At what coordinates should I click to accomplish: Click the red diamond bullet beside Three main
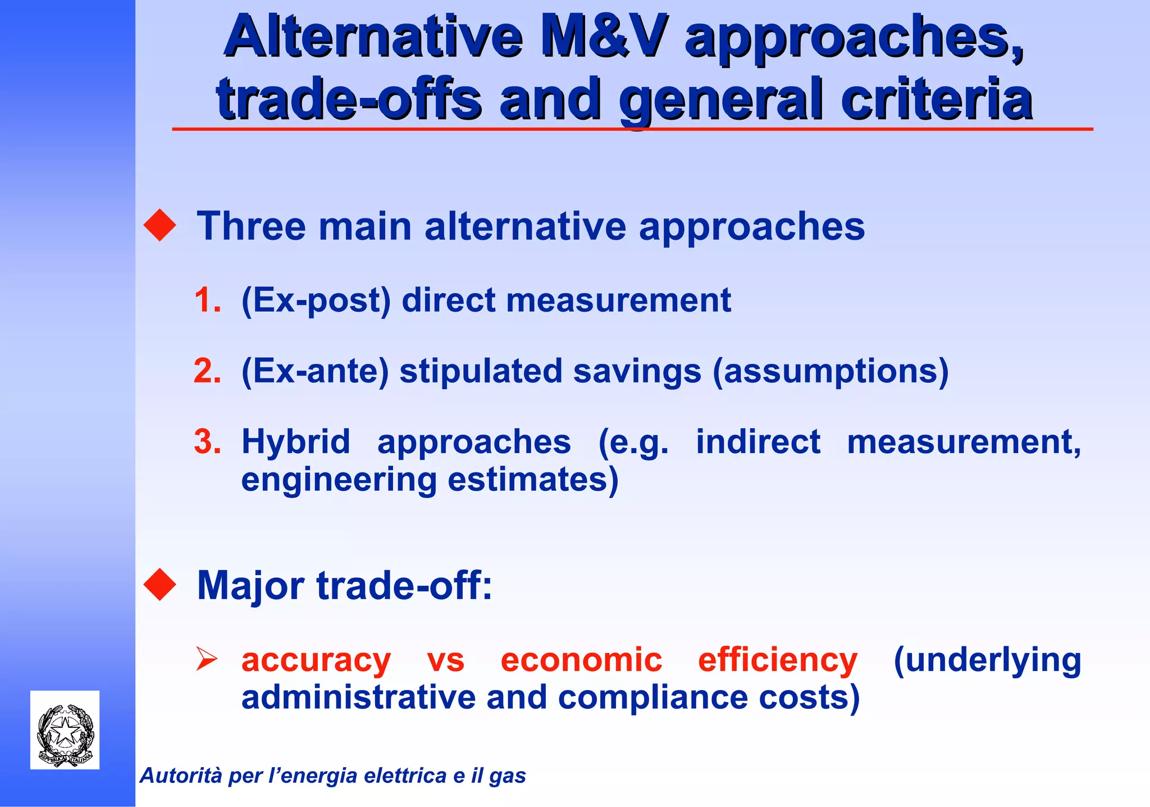click(160, 225)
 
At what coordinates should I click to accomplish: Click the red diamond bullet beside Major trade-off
click(160, 585)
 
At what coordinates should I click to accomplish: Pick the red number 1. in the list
click(207, 300)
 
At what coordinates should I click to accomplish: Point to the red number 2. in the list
click(207, 371)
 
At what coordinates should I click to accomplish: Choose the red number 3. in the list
click(207, 441)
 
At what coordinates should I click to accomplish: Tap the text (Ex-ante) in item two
click(314, 372)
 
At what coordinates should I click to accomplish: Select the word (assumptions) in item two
click(830, 372)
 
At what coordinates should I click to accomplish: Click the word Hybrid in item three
click(295, 441)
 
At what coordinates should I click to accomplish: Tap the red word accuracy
click(316, 660)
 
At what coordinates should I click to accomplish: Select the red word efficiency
click(777, 660)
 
